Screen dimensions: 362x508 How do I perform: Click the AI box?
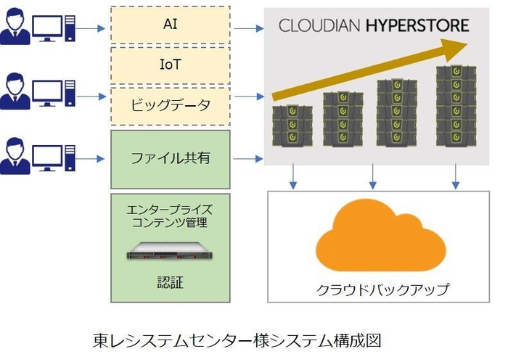tap(171, 25)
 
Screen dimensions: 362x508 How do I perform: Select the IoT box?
tap(171, 65)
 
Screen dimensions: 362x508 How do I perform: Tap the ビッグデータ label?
tap(170, 104)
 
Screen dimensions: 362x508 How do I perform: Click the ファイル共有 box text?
tap(170, 157)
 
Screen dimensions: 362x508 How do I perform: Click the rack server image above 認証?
tap(170, 252)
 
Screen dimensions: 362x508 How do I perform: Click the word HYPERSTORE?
tap(417, 26)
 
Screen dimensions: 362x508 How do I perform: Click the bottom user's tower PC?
tap(70, 157)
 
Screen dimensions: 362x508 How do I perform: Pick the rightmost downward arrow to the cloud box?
tap(456, 176)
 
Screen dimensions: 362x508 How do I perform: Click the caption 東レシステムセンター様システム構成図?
tap(237, 340)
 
